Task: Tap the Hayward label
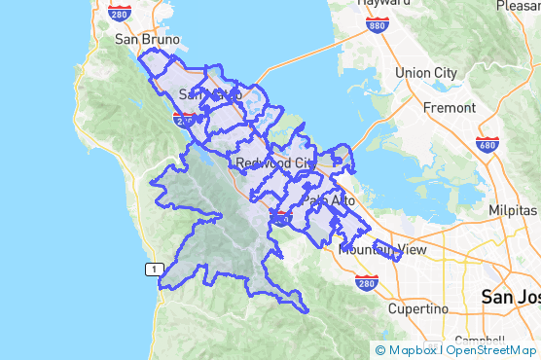coord(382,4)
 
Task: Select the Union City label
coord(426,73)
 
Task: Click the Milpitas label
coord(513,211)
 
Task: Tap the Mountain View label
coord(382,250)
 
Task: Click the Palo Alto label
coord(329,200)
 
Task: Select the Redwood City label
coord(275,162)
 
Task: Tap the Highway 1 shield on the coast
coord(152,269)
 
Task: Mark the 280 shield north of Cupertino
coord(366,284)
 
